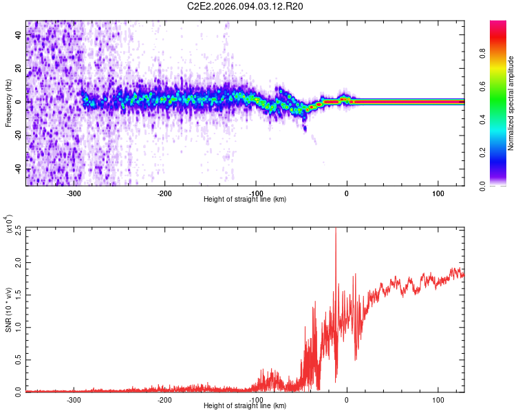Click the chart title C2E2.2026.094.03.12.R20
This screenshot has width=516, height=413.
[246, 6]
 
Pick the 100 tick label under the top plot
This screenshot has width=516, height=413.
[438, 193]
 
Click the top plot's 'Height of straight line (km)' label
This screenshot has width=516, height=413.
[245, 200]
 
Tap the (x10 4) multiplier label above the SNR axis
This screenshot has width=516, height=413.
[10, 224]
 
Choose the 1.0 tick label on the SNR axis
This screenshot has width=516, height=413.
[18, 327]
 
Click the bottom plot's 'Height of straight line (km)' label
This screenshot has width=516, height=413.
[245, 406]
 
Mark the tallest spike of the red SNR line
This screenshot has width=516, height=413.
[336, 230]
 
